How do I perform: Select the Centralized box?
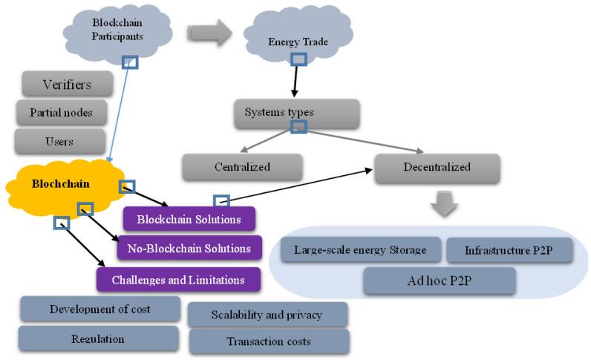coord(242,168)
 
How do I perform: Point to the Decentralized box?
coord(436,168)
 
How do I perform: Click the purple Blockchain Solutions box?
coord(189,220)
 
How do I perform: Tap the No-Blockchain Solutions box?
coord(189,248)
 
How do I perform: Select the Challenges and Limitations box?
coord(179,280)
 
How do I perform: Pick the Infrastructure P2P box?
coord(509,250)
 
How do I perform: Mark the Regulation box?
coord(99,338)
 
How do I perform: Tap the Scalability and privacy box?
coord(268,315)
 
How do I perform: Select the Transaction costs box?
coord(268,341)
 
